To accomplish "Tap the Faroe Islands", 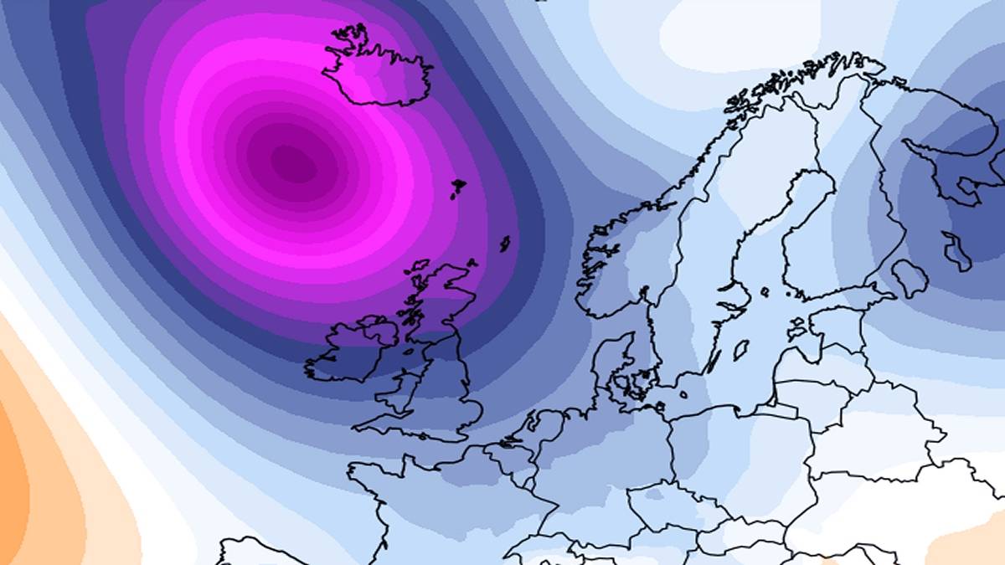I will [457, 188].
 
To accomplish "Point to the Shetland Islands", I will [505, 244].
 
